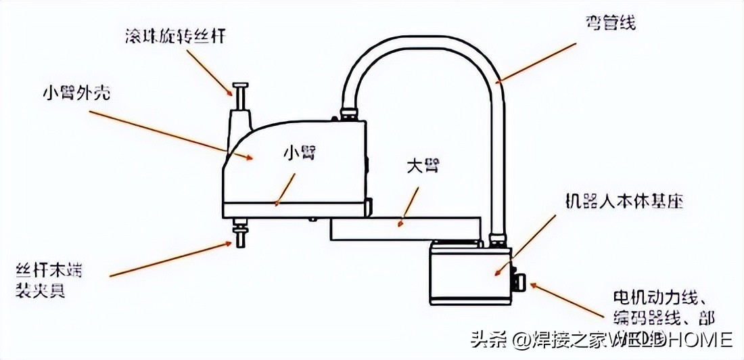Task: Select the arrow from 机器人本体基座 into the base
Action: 517,250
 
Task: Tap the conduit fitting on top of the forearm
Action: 350,112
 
